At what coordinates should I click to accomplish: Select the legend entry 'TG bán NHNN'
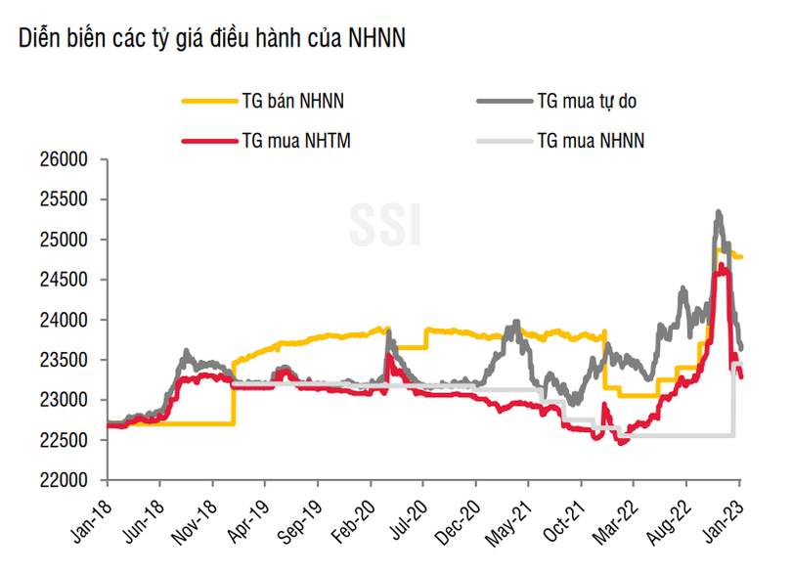point(291,99)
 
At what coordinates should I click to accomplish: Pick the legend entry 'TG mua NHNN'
point(591,140)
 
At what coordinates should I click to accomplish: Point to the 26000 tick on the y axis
point(68,159)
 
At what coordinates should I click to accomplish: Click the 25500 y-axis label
point(68,199)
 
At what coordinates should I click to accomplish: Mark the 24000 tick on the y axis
point(68,320)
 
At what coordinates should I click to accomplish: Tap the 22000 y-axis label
point(68,480)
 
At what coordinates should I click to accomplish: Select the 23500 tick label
point(68,360)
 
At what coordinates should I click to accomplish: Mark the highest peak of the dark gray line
point(719,211)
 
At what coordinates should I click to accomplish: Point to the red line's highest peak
point(723,265)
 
